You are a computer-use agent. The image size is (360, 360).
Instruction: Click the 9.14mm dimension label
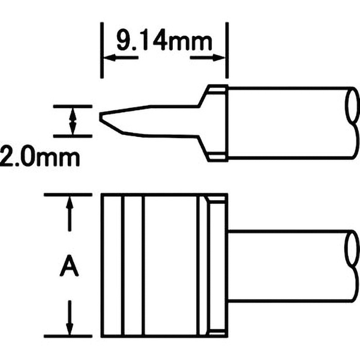164,42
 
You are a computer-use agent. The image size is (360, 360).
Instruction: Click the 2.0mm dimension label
40,157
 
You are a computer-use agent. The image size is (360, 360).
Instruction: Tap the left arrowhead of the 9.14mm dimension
109,58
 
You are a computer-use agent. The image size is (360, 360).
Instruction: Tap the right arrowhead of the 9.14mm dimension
219,58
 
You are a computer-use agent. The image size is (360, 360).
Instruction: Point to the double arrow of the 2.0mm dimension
73,121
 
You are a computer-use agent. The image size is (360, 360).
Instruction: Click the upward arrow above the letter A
69,214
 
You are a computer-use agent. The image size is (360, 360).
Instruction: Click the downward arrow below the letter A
69,318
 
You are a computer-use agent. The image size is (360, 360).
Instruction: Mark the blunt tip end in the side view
100,117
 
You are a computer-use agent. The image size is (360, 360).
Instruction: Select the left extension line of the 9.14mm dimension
102,50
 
